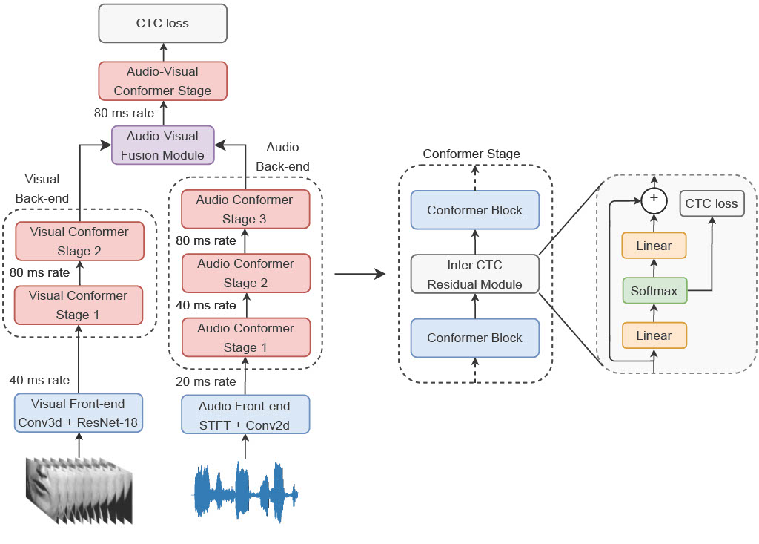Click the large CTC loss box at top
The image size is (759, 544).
162,23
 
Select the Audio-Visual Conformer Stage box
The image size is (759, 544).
162,81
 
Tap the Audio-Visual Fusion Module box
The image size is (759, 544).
162,145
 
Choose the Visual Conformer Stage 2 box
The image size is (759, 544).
79,241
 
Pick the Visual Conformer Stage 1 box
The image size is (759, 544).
79,305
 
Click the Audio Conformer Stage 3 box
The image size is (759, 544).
245,209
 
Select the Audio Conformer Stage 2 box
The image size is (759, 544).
245,273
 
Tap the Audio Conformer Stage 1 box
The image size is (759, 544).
245,338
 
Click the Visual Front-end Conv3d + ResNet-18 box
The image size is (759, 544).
79,413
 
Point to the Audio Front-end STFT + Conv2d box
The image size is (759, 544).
245,416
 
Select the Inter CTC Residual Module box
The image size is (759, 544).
474,275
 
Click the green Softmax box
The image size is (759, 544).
654,291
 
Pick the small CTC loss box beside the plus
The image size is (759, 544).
712,203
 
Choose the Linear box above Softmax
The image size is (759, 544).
654,246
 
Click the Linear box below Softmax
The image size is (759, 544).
654,335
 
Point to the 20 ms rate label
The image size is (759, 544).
206,381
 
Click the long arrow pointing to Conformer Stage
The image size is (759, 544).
360,275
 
